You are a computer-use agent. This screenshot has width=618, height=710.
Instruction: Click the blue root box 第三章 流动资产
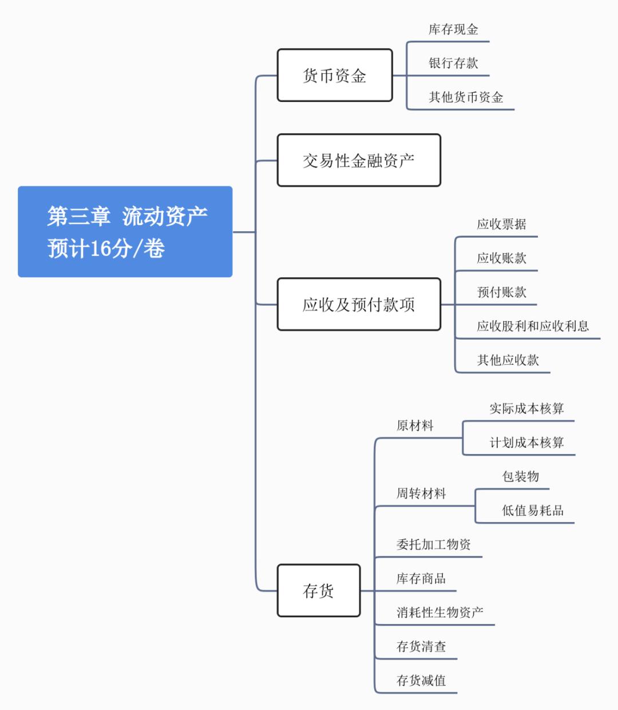[125, 232]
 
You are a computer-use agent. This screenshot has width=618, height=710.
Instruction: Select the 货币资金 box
[335, 76]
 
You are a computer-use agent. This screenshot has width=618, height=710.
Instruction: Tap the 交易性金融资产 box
[359, 160]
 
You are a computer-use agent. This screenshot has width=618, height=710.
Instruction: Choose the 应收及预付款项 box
[359, 304]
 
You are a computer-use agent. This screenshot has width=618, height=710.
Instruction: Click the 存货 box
[319, 590]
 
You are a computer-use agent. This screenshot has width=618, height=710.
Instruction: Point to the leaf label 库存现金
[453, 30]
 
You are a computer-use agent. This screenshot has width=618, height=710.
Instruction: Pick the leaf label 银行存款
[453, 64]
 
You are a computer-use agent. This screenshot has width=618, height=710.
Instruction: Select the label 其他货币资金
[466, 97]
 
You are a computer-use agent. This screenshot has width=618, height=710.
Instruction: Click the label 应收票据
[501, 224]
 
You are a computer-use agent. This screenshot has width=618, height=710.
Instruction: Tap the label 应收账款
[501, 258]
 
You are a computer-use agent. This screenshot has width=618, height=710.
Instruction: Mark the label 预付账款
[501, 293]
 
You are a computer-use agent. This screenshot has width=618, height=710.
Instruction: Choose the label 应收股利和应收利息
[533, 326]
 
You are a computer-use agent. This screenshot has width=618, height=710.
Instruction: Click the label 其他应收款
[508, 360]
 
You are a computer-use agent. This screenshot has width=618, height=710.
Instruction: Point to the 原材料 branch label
[415, 426]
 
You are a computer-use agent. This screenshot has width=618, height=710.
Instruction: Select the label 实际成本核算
[526, 409]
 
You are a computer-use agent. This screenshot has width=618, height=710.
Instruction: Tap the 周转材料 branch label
[421, 494]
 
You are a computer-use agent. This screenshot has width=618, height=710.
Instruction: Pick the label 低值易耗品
[532, 511]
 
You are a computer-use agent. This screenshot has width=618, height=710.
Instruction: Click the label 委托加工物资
[434, 545]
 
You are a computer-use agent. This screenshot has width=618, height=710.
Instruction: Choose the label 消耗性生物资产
[439, 613]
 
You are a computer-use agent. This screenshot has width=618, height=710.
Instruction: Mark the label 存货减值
[421, 681]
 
